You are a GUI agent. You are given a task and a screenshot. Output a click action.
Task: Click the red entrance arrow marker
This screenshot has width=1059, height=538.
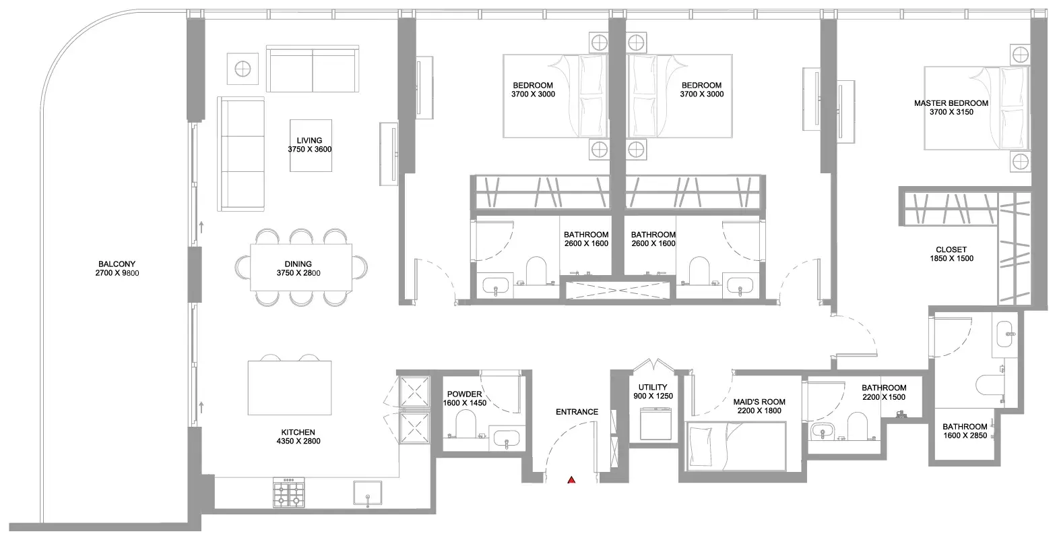coord(571,480)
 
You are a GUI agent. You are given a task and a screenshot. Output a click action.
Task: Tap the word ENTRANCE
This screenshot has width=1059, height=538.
coord(577,412)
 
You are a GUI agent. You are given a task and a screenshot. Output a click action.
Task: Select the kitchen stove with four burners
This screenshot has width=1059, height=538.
coord(289,493)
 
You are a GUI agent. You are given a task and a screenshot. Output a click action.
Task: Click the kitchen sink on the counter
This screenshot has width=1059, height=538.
coord(368,494)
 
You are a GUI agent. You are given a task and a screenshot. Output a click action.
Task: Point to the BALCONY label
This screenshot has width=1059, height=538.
coord(117,264)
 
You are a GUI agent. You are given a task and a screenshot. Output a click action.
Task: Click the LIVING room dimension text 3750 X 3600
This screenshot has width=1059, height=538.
coord(310,150)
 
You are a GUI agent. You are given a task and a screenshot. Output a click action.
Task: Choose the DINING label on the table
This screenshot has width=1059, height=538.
coord(298,264)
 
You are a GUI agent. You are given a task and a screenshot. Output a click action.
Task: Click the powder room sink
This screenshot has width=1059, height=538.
coord(507,439)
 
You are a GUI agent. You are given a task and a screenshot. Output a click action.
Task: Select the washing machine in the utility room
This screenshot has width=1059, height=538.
coord(655,424)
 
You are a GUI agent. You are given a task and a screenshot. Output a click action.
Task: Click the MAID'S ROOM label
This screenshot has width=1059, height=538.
coord(759,402)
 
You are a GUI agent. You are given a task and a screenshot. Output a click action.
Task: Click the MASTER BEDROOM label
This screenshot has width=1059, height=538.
coord(951,103)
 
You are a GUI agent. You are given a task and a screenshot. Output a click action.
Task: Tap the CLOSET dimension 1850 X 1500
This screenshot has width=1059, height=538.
coord(952,258)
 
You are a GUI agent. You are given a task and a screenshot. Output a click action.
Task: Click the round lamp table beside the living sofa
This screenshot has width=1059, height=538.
coord(243,69)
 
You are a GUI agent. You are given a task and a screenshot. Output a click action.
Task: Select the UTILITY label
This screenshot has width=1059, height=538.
coord(653,387)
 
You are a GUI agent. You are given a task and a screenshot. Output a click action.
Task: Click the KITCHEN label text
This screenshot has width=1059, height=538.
coord(298,432)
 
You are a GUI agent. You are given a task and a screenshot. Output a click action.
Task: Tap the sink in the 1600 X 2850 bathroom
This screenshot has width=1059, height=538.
coord(1004,334)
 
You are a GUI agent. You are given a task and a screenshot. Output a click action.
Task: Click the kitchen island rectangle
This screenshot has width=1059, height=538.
coord(290,388)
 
